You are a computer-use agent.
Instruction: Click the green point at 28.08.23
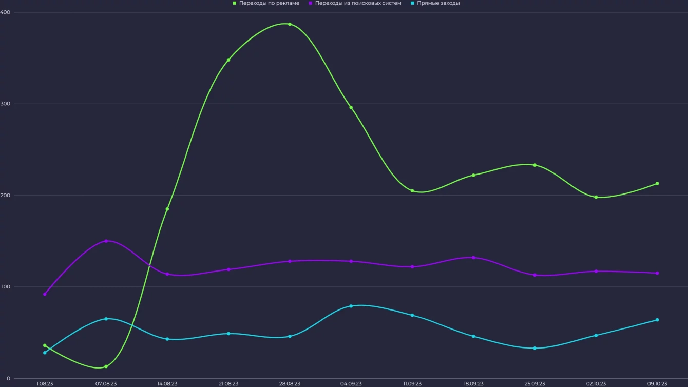pos(290,24)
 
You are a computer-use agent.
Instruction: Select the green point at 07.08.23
pos(106,366)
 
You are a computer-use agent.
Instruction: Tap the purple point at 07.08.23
pos(106,241)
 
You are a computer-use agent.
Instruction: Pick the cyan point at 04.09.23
pos(351,306)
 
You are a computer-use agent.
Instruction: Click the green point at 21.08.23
pos(228,60)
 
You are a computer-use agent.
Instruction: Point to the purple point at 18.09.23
pos(473,258)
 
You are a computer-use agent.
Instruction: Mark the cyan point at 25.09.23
pos(534,348)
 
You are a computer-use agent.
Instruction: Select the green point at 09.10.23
pos(657,183)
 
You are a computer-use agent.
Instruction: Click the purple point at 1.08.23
pos(45,294)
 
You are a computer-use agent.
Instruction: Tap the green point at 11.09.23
pos(412,191)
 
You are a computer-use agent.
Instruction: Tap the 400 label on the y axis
pos(6,12)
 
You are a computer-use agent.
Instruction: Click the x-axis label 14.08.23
pos(167,383)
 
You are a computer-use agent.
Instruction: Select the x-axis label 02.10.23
pos(596,383)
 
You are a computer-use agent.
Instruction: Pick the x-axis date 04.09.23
pos(351,383)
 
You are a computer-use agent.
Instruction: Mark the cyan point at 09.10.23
pos(657,320)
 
